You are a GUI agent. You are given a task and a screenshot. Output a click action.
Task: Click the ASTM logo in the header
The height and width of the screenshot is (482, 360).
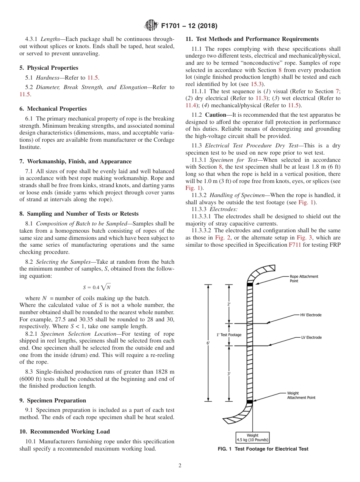click(x=151, y=26)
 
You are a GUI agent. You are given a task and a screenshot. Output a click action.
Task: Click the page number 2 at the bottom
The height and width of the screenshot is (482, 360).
click(x=180, y=466)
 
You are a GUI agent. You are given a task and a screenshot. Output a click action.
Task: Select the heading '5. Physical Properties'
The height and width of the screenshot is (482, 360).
click(x=49, y=68)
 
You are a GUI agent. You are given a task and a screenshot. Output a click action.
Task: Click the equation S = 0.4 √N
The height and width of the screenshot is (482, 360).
click(x=97, y=287)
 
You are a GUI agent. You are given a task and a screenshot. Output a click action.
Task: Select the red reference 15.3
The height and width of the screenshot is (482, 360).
click(x=258, y=84)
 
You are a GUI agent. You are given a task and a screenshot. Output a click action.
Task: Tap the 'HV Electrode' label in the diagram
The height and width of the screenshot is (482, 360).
click(x=311, y=315)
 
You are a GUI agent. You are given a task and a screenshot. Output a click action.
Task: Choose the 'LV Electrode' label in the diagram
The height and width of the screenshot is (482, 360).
click(x=311, y=337)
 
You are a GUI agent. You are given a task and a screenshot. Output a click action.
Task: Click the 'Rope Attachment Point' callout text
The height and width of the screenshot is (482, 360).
click(x=304, y=279)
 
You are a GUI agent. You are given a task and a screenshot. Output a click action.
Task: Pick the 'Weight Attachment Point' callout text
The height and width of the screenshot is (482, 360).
click(x=301, y=395)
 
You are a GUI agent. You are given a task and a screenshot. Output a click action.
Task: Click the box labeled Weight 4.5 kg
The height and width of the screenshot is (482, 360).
click(x=252, y=438)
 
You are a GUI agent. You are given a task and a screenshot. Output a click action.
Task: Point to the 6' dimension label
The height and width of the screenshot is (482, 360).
click(x=208, y=343)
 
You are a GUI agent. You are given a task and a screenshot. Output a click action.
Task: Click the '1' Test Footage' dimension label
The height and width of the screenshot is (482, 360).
click(x=229, y=335)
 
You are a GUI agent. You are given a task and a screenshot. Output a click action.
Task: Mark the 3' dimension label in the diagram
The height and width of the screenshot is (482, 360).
click(x=229, y=374)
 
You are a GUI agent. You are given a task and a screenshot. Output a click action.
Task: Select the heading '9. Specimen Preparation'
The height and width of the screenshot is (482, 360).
click(x=53, y=401)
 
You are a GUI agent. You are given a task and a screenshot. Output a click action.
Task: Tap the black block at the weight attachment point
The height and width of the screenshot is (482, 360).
click(x=250, y=401)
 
